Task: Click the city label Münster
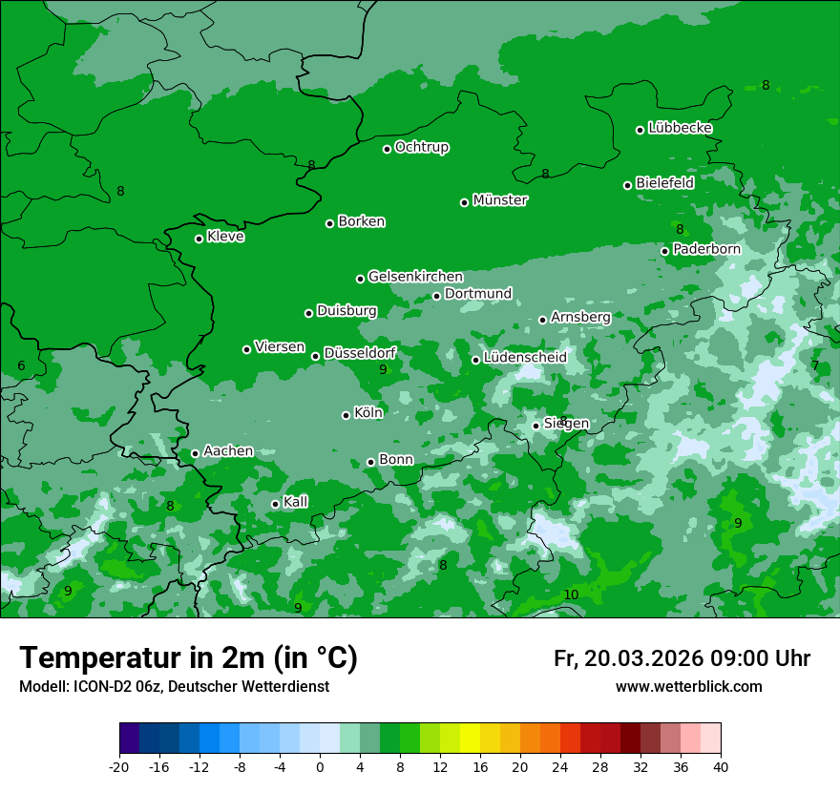[499, 200]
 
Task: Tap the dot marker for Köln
[346, 415]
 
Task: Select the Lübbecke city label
[680, 128]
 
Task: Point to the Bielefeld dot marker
[627, 185]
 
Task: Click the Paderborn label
[706, 249]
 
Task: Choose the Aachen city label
[228, 451]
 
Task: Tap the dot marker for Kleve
[199, 239]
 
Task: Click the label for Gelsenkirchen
[415, 277]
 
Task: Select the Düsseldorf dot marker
[315, 356]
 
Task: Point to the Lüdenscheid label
[525, 358]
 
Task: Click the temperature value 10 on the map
[571, 595]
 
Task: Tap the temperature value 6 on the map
[21, 366]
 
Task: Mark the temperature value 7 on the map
[815, 365]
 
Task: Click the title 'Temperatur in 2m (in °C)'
[188, 658]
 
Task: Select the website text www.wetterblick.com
[688, 687]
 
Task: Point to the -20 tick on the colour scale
[119, 766]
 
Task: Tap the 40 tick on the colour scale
[721, 766]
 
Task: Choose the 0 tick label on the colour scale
[320, 766]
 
